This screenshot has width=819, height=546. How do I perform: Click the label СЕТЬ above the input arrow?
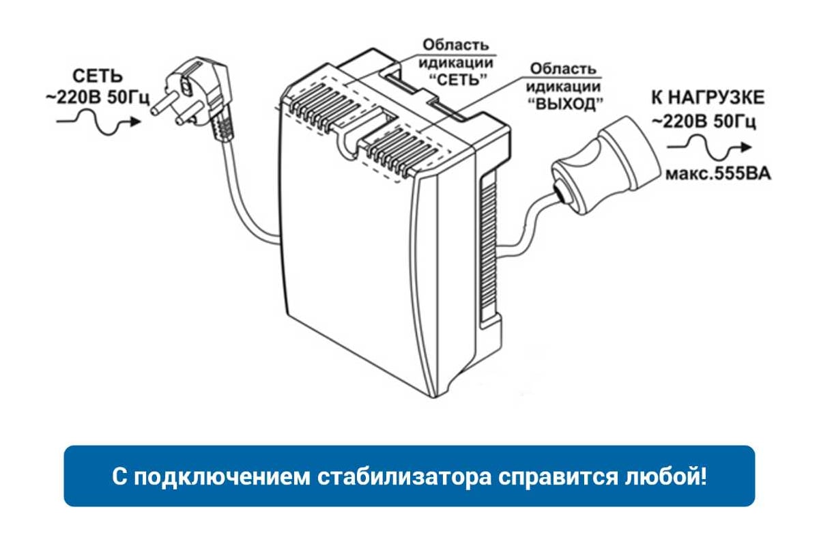98,76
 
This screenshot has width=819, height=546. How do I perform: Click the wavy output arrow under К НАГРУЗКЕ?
709,147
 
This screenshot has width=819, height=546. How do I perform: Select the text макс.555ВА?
718,174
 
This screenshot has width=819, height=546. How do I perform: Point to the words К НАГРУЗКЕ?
708,98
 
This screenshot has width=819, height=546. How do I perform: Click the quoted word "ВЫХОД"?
566,104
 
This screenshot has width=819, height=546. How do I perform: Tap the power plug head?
194,91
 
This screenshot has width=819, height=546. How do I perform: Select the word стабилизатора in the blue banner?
404,477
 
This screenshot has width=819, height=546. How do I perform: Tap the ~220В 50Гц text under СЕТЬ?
98,98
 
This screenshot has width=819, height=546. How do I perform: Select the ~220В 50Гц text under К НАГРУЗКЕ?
704,121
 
